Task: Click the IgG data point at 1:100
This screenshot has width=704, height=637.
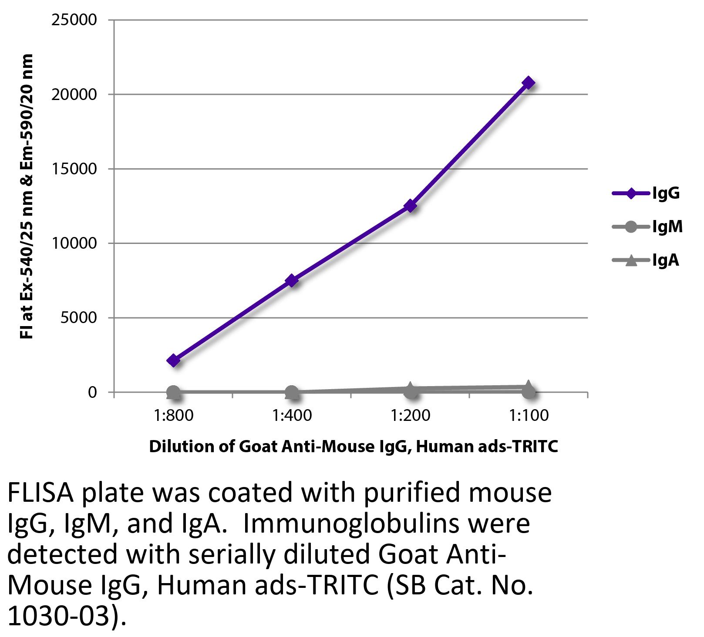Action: pos(528,83)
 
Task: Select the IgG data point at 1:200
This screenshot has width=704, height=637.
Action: pos(410,206)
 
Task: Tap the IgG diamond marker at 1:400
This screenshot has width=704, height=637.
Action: pos(292,280)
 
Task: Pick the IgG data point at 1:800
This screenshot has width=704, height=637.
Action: pos(173,360)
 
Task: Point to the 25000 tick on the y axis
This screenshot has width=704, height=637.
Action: pos(74,20)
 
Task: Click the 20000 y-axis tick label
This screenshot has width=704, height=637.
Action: pos(74,94)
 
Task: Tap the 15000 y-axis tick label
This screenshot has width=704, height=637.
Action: pos(74,169)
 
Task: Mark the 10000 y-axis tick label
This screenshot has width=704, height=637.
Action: pos(74,243)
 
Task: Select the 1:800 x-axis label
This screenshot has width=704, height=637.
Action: pos(173,416)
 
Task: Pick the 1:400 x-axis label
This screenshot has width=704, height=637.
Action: pos(292,416)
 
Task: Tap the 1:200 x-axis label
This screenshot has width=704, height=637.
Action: pos(410,416)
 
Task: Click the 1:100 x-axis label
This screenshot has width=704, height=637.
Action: pos(529,416)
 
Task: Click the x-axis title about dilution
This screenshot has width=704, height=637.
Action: pos(353,447)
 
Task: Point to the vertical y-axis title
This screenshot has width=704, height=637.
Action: pos(27,197)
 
